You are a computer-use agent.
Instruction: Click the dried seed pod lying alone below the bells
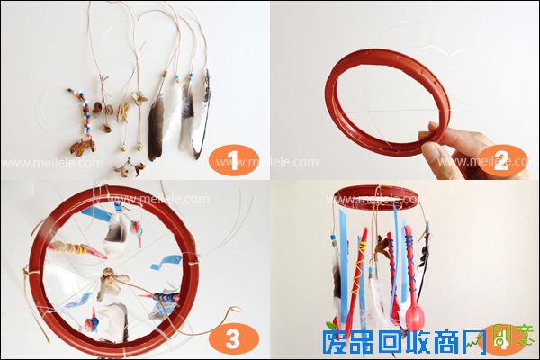tap(126, 167)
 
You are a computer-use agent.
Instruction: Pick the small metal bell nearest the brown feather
tap(140, 144)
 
